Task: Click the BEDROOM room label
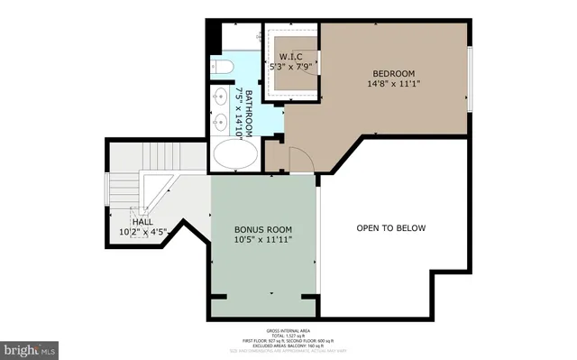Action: pos(392,73)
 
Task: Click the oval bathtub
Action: pos(235,155)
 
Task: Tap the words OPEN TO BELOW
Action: pos(390,228)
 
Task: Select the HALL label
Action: pos(142,221)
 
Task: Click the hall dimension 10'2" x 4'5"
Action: pos(142,232)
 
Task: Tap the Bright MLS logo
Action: pos(30,346)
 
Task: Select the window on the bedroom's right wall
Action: pos(471,78)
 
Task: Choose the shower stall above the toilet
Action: pos(240,38)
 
